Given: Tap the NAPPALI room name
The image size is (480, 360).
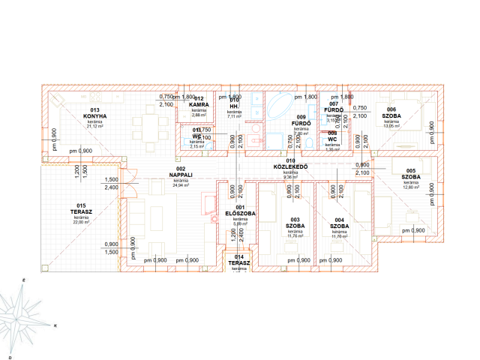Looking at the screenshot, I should (x=181, y=175).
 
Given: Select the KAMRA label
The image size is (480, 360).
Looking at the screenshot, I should (x=199, y=104).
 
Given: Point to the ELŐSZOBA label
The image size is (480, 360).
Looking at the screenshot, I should (x=240, y=214).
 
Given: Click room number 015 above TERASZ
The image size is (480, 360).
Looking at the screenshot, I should (x=81, y=205).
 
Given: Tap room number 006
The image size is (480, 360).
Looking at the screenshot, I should (x=391, y=109).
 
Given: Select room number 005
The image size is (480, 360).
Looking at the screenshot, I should (x=410, y=170).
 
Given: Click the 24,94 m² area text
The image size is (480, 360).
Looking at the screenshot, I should (x=181, y=185).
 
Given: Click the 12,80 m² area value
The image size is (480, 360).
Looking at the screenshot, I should (x=410, y=187).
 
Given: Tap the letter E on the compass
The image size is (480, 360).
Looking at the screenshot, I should (x=24, y=280).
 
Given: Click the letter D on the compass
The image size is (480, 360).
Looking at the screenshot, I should (x=9, y=356).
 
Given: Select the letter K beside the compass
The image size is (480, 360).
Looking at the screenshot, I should (x=55, y=326).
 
